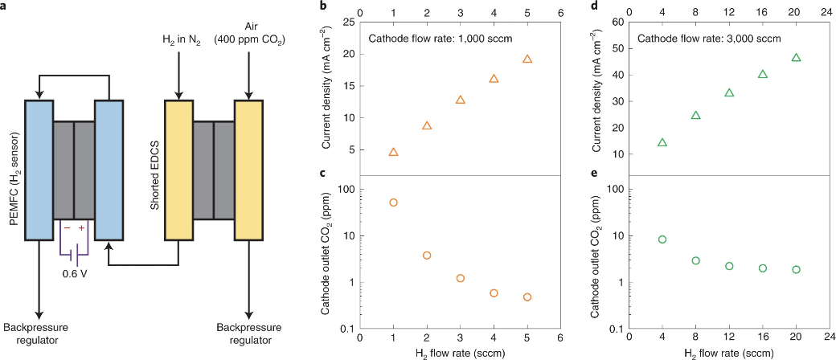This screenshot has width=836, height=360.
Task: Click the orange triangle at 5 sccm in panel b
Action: tap(527, 59)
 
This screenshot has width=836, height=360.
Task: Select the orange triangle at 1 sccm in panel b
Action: tap(393, 152)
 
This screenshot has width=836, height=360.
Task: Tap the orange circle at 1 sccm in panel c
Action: tap(393, 202)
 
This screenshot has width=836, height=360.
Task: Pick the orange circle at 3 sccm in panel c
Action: tap(461, 278)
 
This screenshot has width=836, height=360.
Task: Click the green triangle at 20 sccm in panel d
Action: tap(796, 58)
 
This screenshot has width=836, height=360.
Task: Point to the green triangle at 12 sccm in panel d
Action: tap(729, 93)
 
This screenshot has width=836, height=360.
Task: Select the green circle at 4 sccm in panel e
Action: tap(662, 239)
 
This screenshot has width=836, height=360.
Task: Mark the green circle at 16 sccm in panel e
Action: tap(763, 268)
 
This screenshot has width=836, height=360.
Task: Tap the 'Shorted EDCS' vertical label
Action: tap(154, 170)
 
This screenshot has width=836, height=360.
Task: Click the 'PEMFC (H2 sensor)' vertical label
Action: tap(14, 170)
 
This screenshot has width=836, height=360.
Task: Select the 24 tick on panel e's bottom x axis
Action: tap(829, 341)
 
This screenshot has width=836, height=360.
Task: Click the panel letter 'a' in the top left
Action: tap(5, 6)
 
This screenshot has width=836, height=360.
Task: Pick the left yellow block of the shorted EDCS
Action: tap(178, 170)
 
